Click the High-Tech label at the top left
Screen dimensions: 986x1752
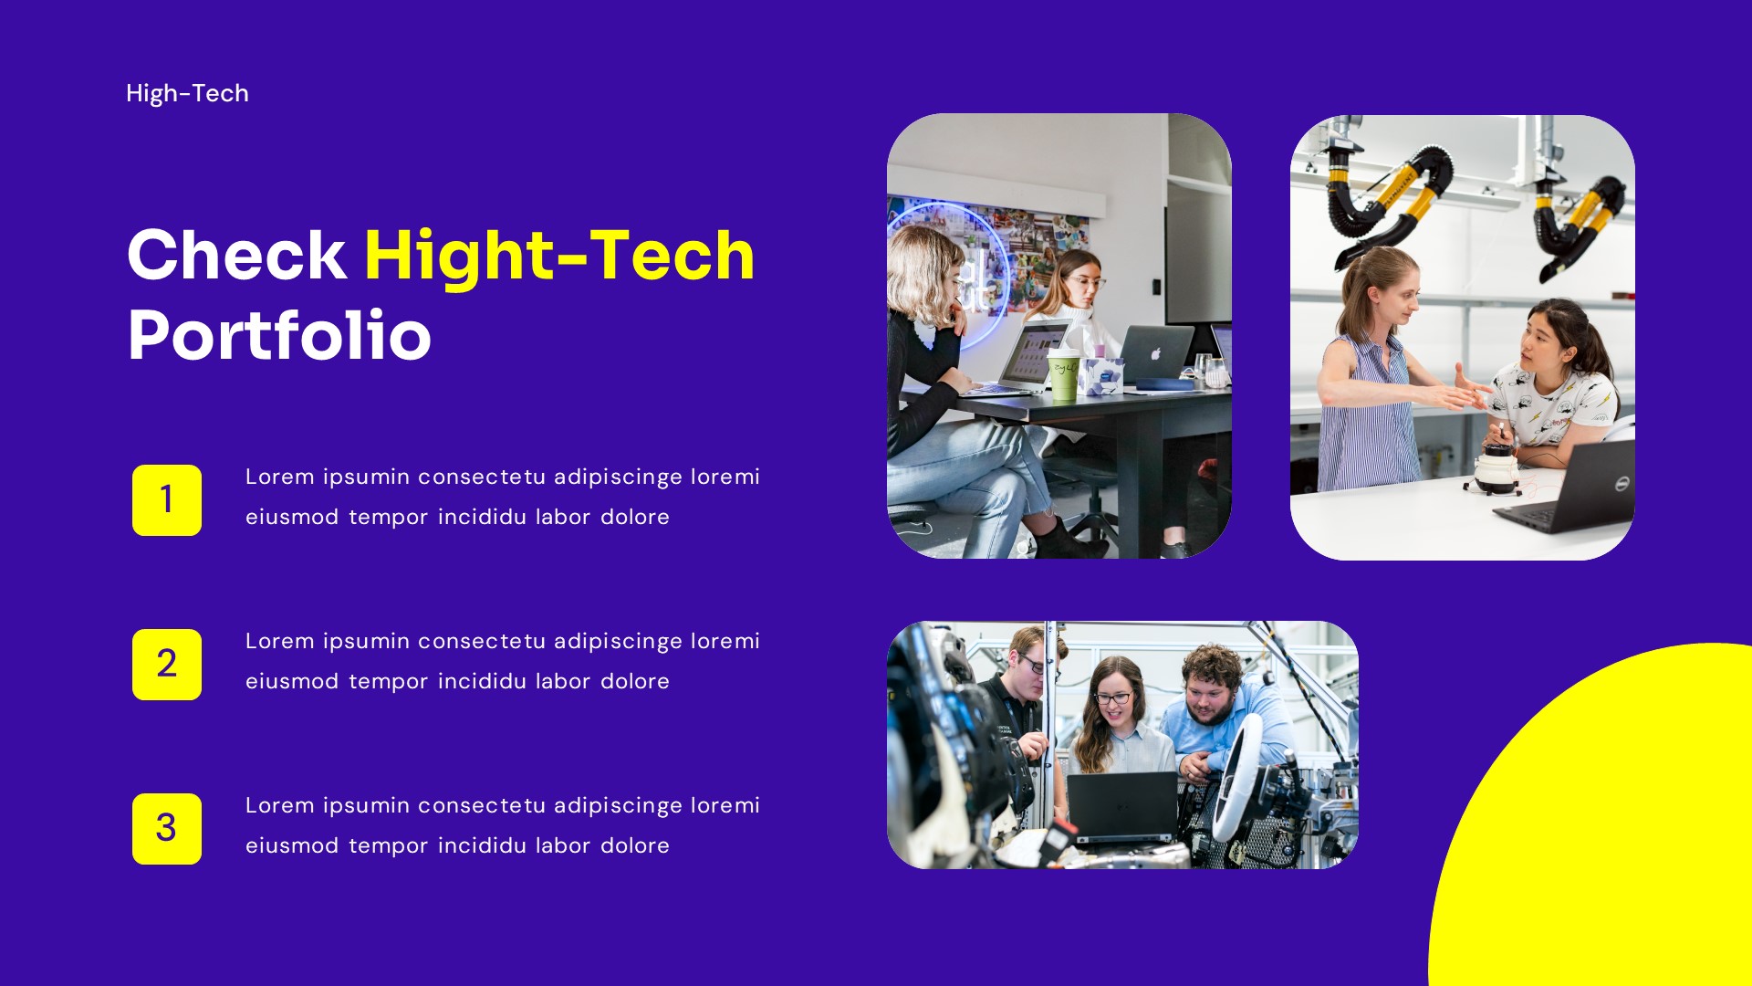(x=187, y=93)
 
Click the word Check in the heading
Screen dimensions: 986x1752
(x=236, y=255)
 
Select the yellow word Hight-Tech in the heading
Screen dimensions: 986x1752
(x=559, y=255)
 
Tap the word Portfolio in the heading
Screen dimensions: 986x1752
(x=279, y=335)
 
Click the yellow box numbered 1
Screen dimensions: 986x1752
(x=167, y=500)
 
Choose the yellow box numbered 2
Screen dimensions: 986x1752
(x=167, y=665)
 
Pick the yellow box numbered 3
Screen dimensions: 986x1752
(x=167, y=829)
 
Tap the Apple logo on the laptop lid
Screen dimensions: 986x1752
(x=1155, y=353)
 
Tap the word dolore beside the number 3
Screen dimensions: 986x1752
(x=634, y=845)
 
